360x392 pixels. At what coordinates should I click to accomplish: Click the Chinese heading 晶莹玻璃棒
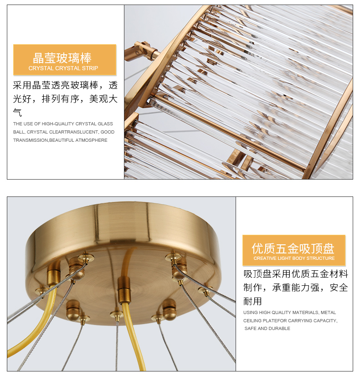coord(62,58)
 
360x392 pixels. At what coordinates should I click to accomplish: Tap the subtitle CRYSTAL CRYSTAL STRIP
coord(63,68)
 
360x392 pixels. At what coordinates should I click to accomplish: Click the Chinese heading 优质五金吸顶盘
coord(293,248)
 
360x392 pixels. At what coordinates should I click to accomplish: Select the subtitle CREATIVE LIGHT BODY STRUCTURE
coord(294,258)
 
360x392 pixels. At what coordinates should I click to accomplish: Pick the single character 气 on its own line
coord(17,112)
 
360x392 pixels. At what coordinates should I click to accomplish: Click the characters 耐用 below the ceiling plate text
coord(253,301)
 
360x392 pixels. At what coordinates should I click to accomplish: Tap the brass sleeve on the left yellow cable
coord(54,275)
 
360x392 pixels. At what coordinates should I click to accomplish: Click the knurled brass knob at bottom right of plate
coord(169,309)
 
